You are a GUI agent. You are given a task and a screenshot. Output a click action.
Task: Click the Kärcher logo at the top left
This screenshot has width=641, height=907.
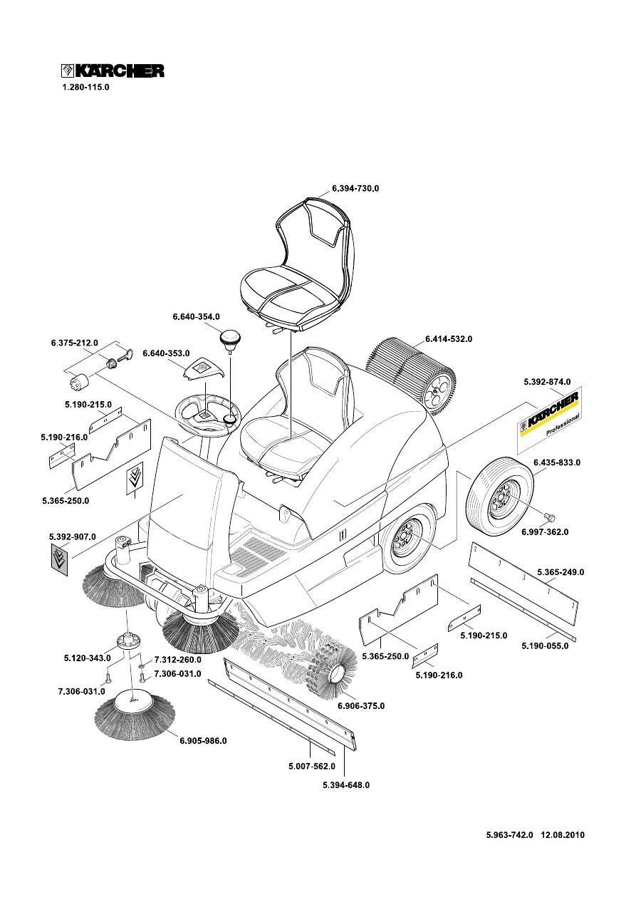[112, 71]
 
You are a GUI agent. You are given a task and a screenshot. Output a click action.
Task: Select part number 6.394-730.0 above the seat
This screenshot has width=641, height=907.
[355, 189]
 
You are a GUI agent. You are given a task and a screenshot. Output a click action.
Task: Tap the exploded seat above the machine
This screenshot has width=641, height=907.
[295, 267]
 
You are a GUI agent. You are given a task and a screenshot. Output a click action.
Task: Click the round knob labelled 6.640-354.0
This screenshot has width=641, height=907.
[230, 338]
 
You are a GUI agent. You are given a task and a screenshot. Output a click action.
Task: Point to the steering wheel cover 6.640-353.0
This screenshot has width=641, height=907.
[204, 369]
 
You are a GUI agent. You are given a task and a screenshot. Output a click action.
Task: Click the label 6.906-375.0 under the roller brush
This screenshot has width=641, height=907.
[360, 706]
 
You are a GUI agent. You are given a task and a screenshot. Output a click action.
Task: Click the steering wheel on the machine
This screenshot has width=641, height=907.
[211, 413]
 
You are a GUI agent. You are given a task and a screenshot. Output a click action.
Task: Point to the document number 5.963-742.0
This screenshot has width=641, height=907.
[509, 835]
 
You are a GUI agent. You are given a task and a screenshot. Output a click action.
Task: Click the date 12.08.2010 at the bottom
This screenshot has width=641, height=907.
[563, 835]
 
